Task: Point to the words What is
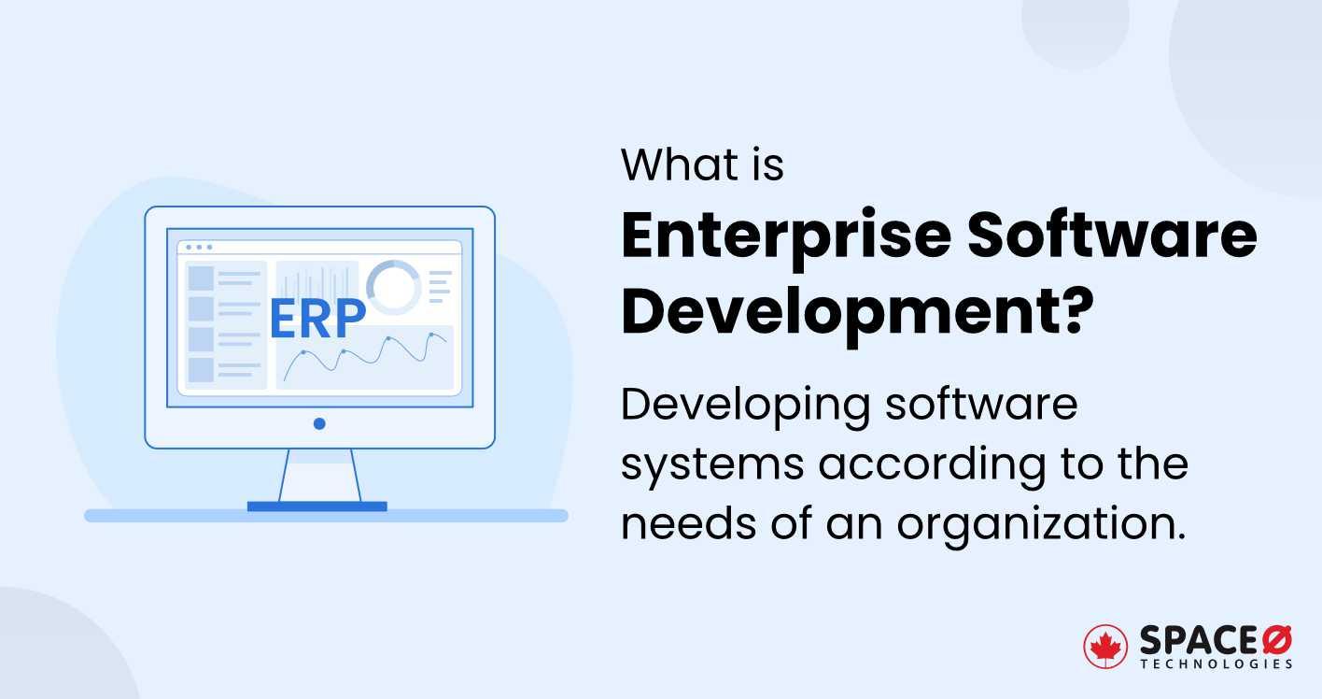coord(702,164)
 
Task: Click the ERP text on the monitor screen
coord(316,319)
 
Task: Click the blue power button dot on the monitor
coord(319,423)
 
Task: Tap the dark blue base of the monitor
coord(316,506)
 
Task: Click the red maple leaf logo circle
coord(1106,647)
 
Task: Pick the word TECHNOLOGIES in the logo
coord(1216,663)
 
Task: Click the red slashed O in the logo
coord(1275,640)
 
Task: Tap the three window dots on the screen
coord(199,248)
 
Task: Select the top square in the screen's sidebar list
coord(201,278)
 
